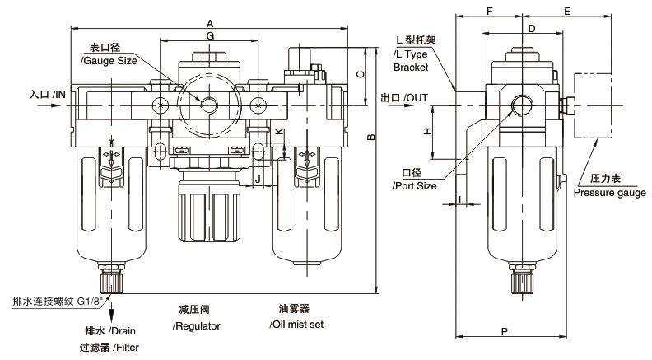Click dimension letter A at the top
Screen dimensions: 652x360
click(210, 23)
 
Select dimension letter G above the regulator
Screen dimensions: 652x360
click(211, 35)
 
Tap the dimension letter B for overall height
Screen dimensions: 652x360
click(372, 137)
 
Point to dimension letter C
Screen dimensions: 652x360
click(361, 74)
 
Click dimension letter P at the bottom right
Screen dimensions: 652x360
click(505, 331)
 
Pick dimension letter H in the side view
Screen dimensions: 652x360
click(428, 132)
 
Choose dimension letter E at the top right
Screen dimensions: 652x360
click(567, 12)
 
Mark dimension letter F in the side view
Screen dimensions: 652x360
click(490, 12)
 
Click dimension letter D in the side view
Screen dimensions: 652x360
click(532, 28)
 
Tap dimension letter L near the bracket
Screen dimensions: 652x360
click(461, 199)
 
